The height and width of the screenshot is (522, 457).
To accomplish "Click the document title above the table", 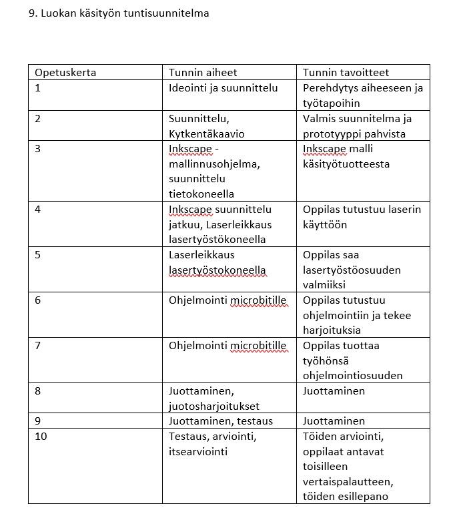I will coord(119,13).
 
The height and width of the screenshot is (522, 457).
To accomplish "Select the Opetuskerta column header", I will coord(65,72).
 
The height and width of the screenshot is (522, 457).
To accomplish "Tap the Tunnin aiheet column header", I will coord(203,72).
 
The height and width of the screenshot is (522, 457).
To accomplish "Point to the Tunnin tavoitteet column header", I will coord(346,72).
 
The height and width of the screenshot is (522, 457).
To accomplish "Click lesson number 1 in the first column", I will coord(38,88).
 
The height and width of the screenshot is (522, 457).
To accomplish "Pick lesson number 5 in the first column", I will coord(38,254).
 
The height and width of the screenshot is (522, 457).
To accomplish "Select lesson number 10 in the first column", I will coord(41,437).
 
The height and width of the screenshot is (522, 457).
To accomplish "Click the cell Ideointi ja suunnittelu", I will coord(223,88).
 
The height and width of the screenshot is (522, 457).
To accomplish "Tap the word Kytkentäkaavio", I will coord(207,134).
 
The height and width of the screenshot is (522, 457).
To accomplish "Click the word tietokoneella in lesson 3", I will coord(201,194).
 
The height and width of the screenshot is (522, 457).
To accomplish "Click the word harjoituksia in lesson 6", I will coord(332,330).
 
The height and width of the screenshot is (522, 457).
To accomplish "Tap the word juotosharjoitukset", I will coord(214,406).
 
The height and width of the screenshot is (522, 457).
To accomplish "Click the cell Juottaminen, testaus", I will coord(221,421).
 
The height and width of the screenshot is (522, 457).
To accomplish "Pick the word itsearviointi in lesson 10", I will coord(198,452).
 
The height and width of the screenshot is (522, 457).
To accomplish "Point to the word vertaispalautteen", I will coord(348,481).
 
